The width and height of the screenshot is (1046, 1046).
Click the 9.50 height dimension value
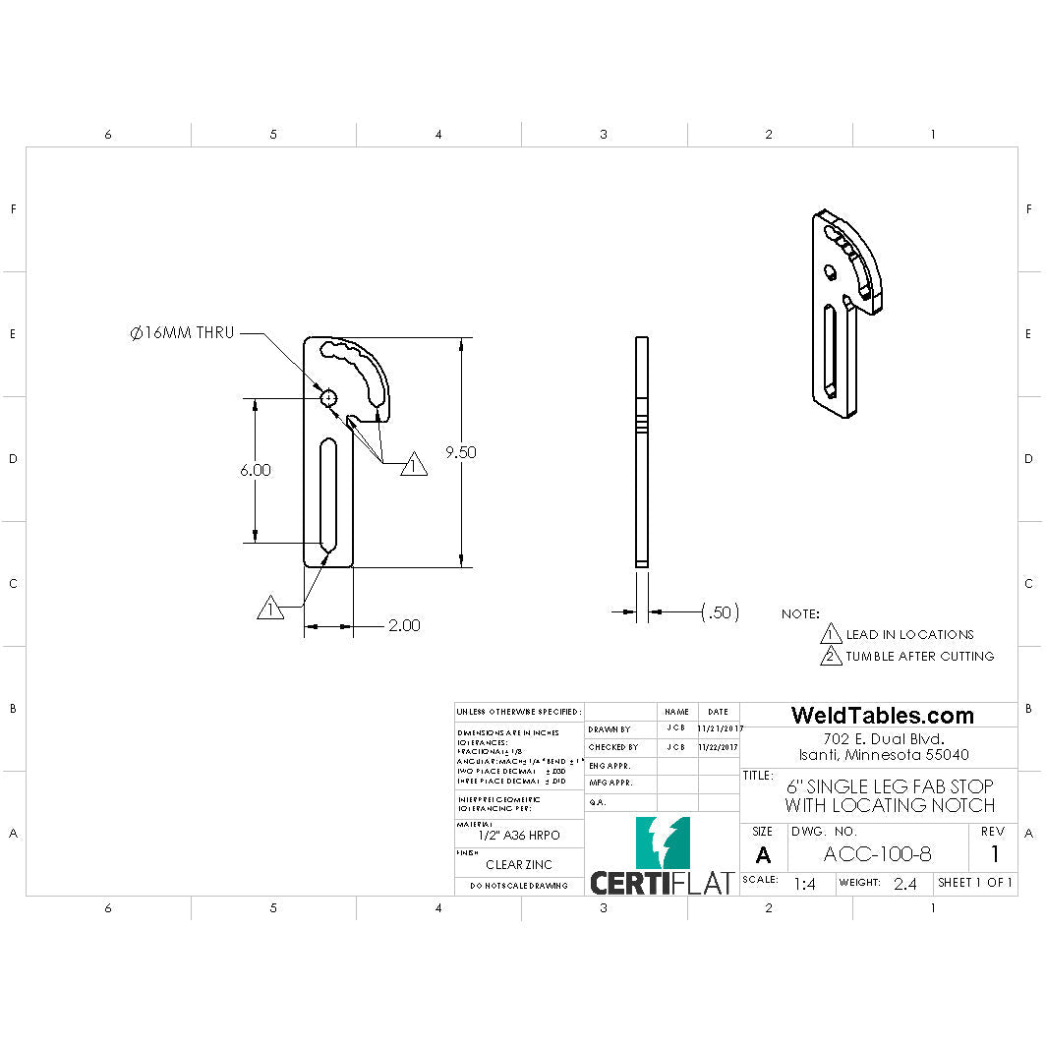tap(460, 452)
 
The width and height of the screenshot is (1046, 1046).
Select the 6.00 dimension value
tap(255, 470)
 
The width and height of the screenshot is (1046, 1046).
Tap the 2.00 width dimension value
tap(403, 625)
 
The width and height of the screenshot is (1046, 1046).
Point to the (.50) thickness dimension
tap(720, 612)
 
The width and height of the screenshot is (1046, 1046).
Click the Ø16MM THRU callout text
tap(182, 333)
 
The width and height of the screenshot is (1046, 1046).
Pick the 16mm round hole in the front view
tap(328, 397)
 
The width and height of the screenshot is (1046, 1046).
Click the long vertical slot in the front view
tap(328, 494)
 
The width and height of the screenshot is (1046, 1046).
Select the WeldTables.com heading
tap(882, 716)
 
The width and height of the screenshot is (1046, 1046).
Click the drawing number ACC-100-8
tap(877, 854)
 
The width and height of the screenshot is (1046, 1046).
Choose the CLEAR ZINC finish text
tap(519, 865)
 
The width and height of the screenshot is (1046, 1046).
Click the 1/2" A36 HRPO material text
tap(519, 835)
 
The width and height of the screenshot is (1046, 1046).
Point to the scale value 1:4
tap(804, 884)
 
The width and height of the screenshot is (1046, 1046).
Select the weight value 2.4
tap(904, 884)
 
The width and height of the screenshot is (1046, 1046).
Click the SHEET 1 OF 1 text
tap(974, 883)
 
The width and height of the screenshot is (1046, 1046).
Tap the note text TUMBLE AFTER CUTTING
tap(920, 656)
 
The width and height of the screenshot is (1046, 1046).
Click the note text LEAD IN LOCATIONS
tap(909, 634)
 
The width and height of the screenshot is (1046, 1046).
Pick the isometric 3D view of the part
tap(845, 313)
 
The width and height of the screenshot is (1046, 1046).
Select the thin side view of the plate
tap(642, 452)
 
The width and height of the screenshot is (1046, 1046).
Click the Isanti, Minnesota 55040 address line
tap(882, 755)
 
